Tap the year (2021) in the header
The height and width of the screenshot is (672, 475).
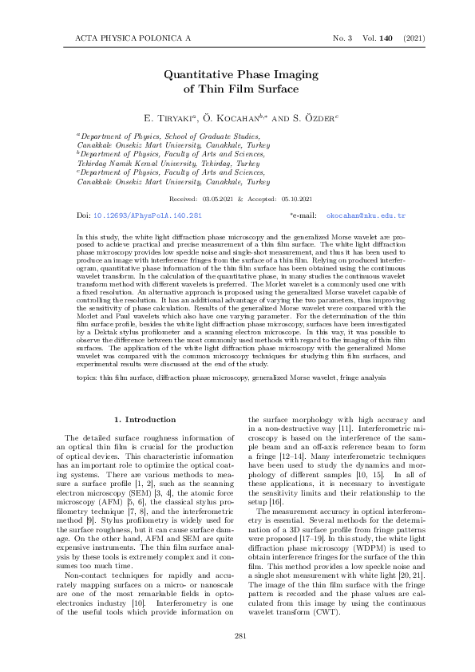[x=414, y=38]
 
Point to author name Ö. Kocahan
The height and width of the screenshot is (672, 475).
[x=228, y=117]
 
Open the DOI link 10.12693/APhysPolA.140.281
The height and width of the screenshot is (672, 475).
[x=148, y=215]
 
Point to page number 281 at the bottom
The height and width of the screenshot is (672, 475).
[x=237, y=635]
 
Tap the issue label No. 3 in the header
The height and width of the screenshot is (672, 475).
[x=344, y=38]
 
